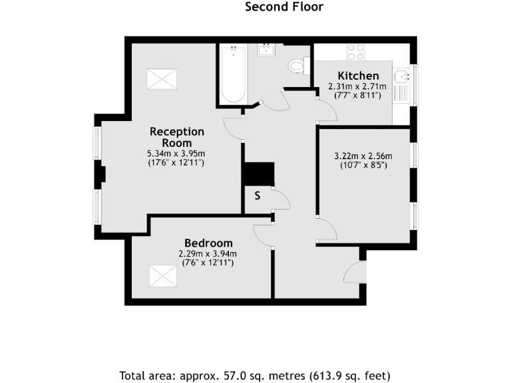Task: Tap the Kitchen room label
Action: click(x=358, y=76)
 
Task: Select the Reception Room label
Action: click(x=176, y=137)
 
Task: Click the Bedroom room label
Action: click(x=208, y=243)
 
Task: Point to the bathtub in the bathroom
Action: click(x=233, y=73)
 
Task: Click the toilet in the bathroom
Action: click(x=297, y=65)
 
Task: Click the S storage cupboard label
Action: click(x=257, y=196)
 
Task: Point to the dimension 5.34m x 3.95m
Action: click(x=176, y=154)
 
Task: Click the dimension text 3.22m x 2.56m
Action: click(x=363, y=157)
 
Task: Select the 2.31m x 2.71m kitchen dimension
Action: click(x=358, y=86)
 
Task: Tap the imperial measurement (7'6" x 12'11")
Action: click(x=208, y=263)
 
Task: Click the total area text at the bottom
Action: click(x=255, y=374)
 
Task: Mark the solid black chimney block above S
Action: click(x=259, y=174)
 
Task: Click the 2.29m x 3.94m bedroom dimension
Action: click(x=208, y=253)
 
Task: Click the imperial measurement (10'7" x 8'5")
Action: click(x=363, y=166)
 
